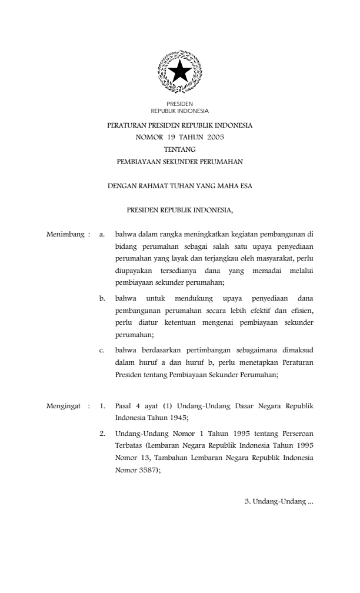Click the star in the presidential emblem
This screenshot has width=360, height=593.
pyautogui.click(x=179, y=72)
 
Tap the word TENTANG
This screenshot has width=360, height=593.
pyautogui.click(x=180, y=148)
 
